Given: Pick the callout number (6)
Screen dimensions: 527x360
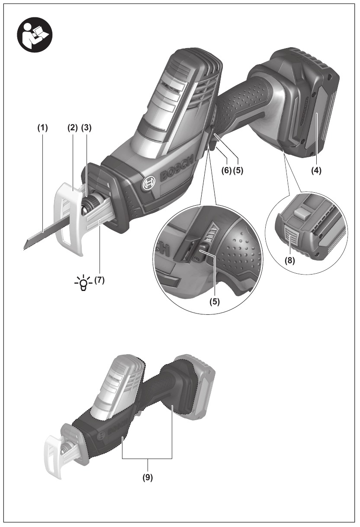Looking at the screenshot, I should [x=226, y=170].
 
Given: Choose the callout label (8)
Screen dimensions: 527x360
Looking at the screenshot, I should [x=289, y=261].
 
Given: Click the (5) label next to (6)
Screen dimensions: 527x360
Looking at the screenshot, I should [x=238, y=170].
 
